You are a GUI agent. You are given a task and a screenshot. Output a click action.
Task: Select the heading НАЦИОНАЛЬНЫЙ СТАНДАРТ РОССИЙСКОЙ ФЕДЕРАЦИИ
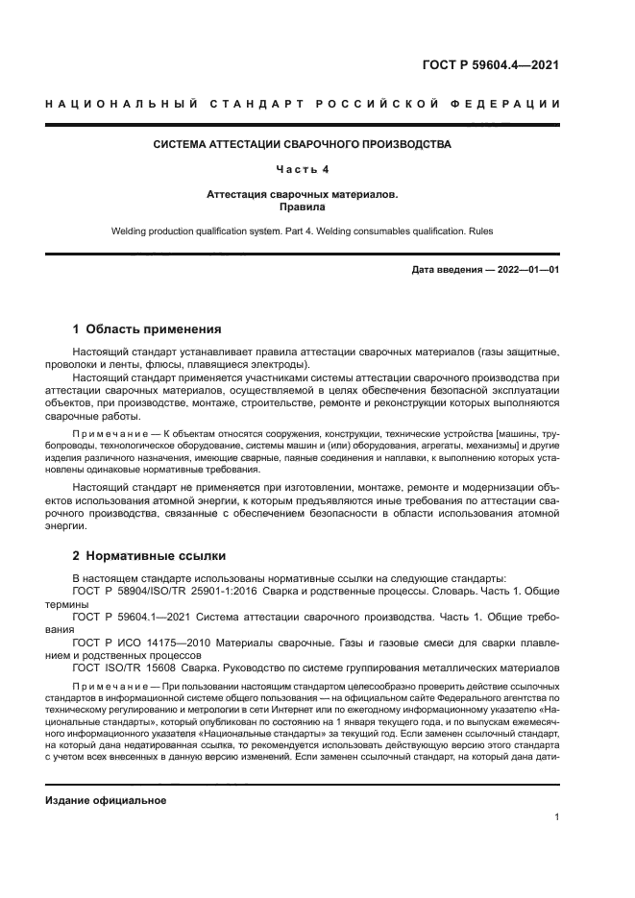(303, 104)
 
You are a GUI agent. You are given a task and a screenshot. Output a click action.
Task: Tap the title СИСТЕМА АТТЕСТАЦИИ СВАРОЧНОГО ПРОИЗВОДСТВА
(303, 145)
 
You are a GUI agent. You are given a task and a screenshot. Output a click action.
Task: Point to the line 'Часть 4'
(303, 169)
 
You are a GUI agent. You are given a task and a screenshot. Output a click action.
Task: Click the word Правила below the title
(303, 206)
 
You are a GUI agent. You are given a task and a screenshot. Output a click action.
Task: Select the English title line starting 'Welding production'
(303, 231)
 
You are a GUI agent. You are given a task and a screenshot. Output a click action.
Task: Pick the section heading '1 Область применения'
(147, 328)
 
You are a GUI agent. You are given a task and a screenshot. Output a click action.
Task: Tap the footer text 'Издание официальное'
(106, 800)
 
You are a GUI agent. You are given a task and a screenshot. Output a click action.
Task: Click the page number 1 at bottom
(556, 817)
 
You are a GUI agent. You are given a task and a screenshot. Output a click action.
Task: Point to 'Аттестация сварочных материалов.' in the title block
(303, 194)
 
